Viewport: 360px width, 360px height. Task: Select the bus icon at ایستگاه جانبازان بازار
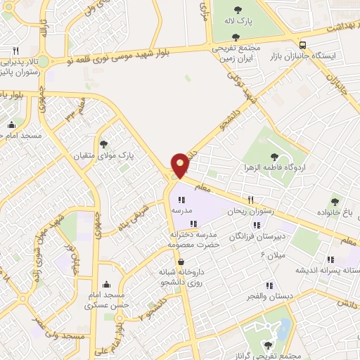(x=302, y=42)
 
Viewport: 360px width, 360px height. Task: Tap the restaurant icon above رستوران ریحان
(x=251, y=200)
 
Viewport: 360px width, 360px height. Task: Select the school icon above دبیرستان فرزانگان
(x=256, y=225)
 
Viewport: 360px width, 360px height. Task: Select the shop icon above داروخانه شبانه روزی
(x=181, y=262)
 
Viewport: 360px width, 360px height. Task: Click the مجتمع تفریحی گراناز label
(x=269, y=356)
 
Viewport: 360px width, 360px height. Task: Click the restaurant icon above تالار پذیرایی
(x=15, y=50)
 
